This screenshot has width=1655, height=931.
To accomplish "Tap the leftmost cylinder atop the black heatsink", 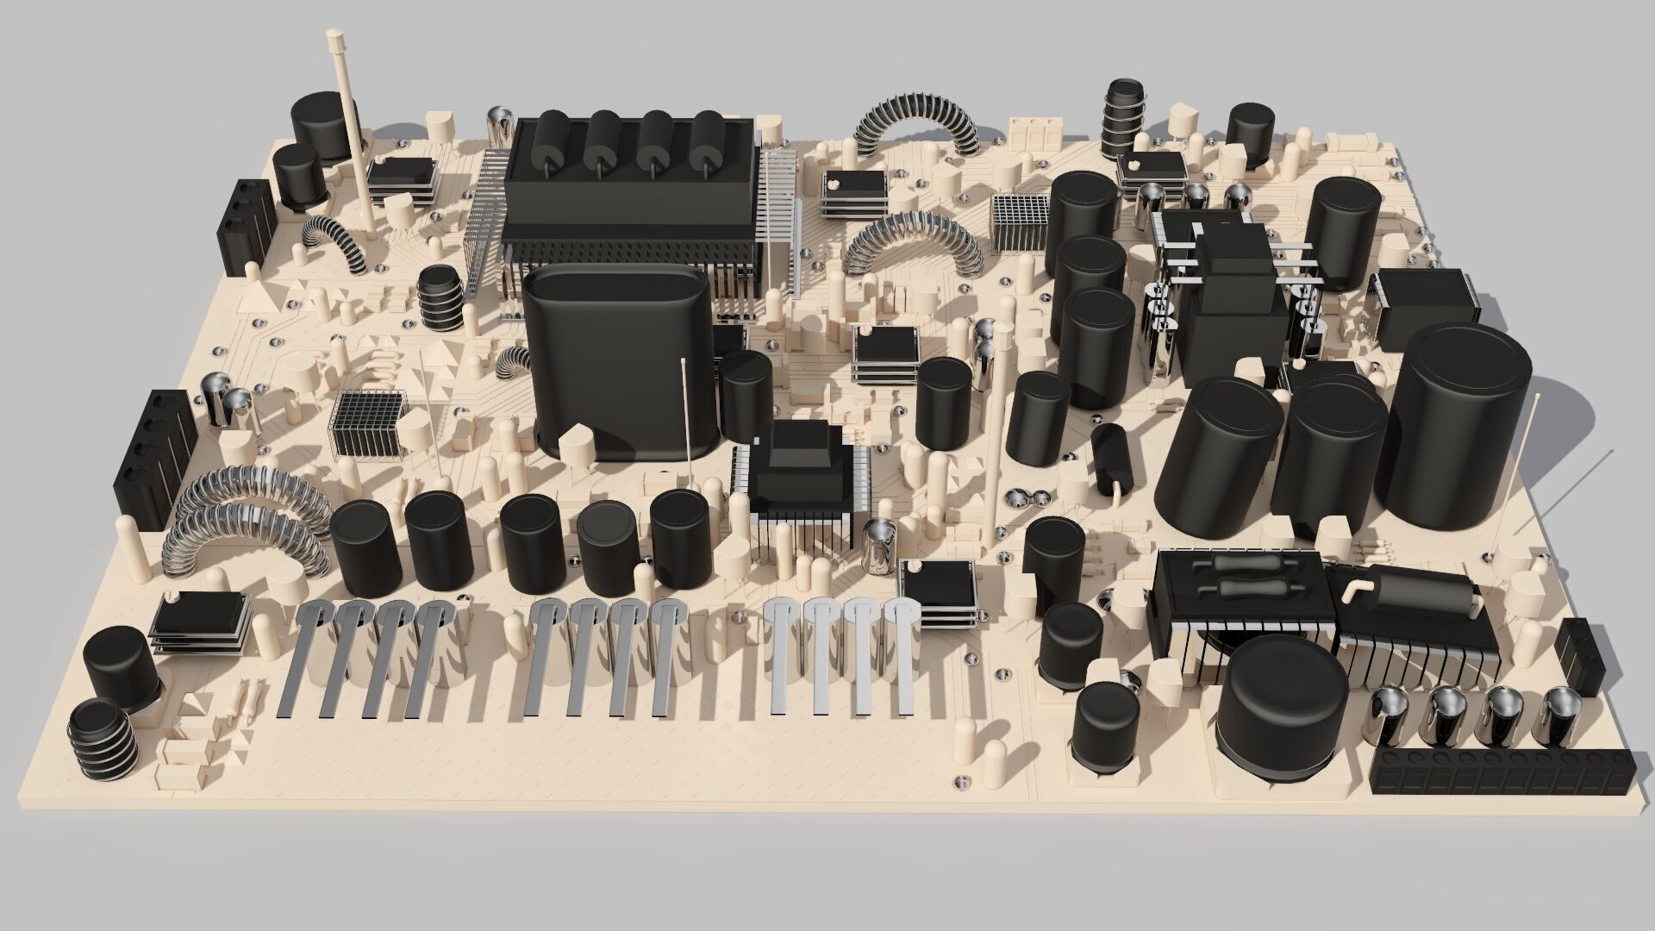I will click(548, 142).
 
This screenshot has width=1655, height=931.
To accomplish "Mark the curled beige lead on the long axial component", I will click(1351, 590).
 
